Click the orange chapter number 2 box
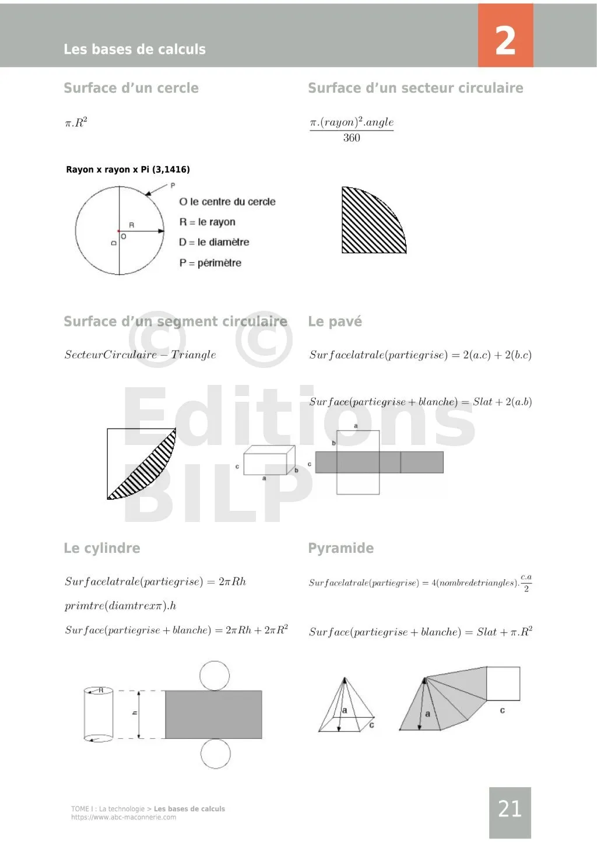[505, 36]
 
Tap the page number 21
[510, 809]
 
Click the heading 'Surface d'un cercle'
[131, 88]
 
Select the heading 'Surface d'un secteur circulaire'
[415, 88]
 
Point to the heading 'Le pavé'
[335, 321]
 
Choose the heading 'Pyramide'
[340, 548]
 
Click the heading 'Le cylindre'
[102, 548]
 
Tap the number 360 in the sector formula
[352, 138]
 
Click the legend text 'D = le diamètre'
[214, 242]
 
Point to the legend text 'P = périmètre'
[210, 263]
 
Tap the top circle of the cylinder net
[215, 676]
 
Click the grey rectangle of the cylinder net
[213, 714]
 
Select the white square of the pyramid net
[503, 683]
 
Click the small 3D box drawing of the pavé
[269, 461]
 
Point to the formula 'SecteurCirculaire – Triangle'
[140, 355]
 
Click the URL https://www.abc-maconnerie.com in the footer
[124, 817]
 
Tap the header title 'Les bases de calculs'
[135, 49]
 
